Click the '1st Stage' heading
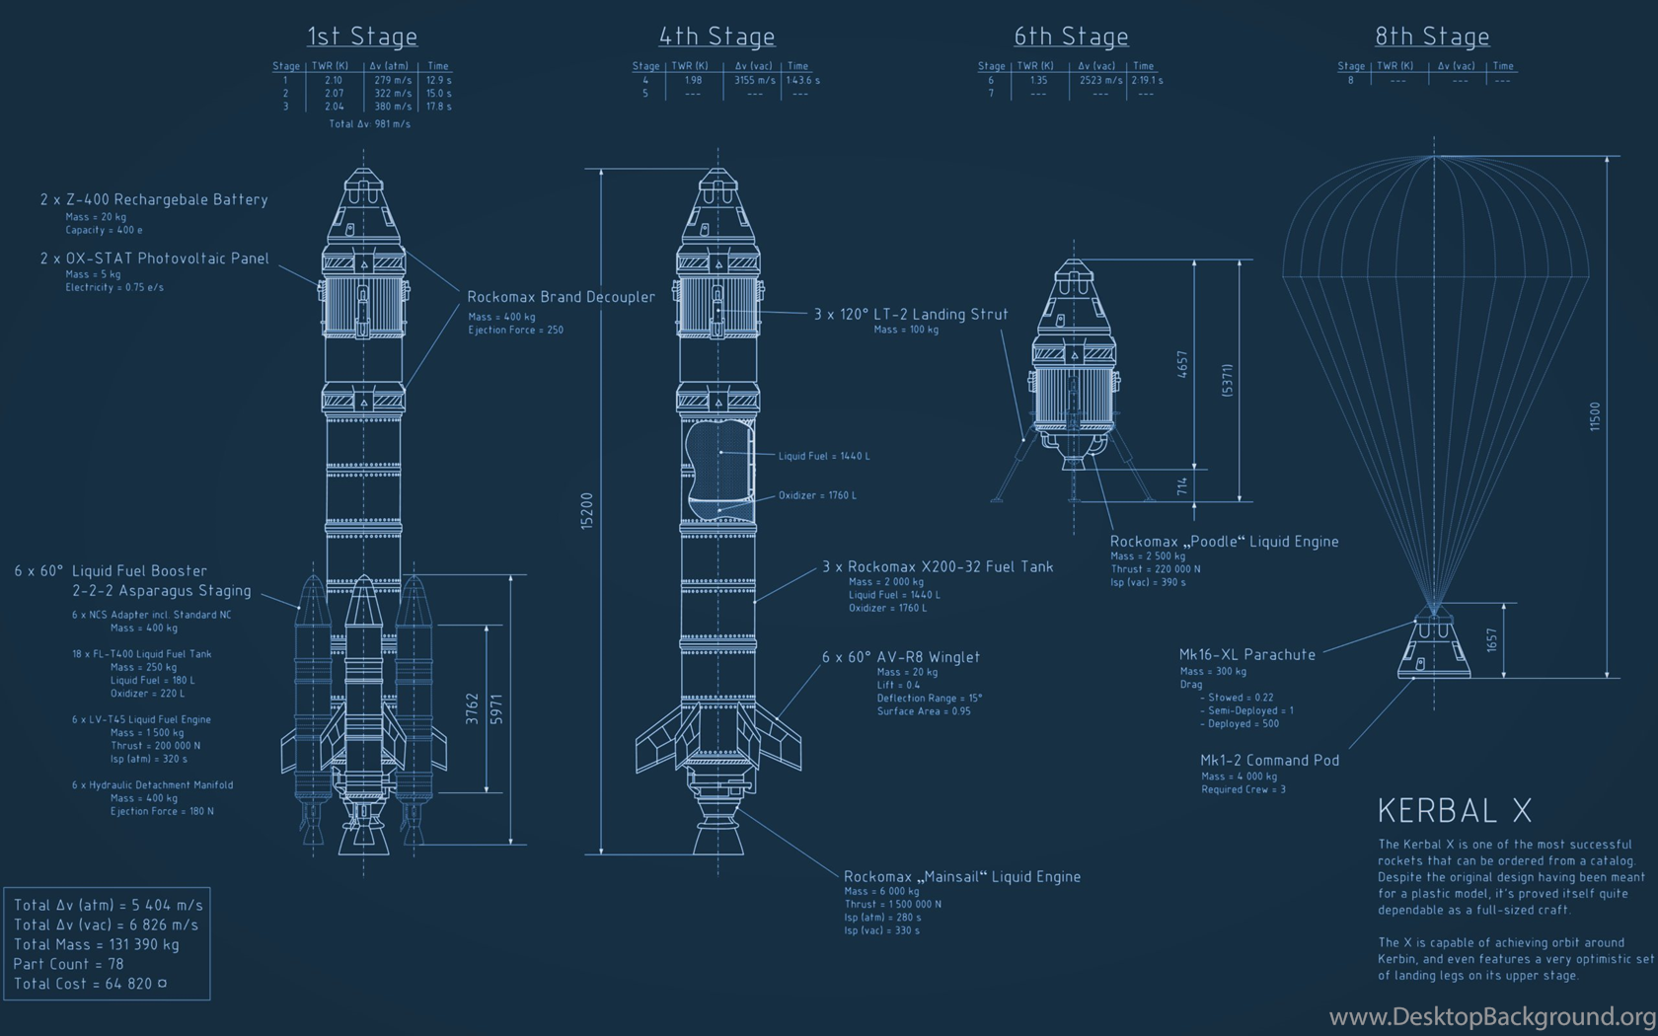pos(362,36)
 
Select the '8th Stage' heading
pos(1432,36)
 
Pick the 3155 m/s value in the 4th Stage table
pos(754,80)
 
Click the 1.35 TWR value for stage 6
pos(1038,80)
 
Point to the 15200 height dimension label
pos(586,511)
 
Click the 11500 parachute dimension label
pos(1595,416)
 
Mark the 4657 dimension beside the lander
pos(1182,364)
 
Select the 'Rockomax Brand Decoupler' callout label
pos(561,297)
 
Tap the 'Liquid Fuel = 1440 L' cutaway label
pos(824,456)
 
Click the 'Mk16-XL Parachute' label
pos(1247,654)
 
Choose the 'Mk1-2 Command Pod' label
pos(1269,760)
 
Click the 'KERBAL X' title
pos(1455,811)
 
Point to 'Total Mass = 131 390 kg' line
pos(97,944)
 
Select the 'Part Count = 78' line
pos(68,963)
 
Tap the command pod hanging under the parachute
pos(1434,645)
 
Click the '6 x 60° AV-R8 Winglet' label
pos(901,657)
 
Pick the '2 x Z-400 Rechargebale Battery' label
pos(154,199)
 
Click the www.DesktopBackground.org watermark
pos(1492,1017)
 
